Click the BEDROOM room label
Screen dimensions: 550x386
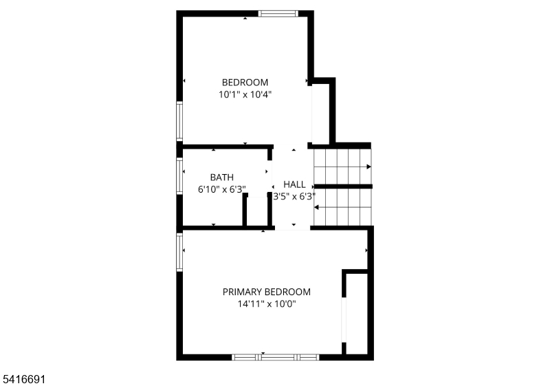245,83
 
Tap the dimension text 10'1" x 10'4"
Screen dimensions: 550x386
245,94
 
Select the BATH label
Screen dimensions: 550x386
221,178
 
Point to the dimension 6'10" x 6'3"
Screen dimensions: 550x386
221,189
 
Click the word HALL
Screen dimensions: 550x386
294,184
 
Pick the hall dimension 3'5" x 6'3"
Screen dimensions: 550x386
294,197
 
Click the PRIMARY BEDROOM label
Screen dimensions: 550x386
267,292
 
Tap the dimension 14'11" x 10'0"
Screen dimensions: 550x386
267,304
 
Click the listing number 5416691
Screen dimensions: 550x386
24,379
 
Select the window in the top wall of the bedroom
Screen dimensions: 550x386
278,14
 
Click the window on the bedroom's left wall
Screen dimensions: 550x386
179,121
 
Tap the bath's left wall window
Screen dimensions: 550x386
179,176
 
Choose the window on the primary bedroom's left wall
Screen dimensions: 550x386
179,253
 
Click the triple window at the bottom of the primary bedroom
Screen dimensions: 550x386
276,357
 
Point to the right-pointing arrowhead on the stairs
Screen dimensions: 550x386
368,167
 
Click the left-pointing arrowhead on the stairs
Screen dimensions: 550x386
316,207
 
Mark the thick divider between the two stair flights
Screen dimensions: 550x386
342,186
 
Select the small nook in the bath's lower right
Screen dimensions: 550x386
257,211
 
